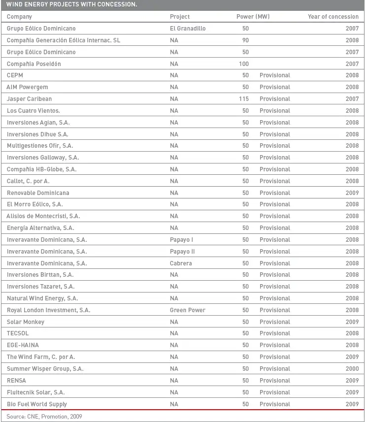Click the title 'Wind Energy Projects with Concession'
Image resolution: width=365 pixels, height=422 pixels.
(72, 5)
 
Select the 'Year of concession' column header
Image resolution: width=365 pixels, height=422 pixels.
(333, 17)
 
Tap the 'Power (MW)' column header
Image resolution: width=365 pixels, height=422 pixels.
(253, 17)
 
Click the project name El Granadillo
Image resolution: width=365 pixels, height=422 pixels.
(188, 29)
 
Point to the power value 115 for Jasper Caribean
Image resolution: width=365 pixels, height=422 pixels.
(243, 99)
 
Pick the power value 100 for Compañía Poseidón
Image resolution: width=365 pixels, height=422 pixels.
(243, 64)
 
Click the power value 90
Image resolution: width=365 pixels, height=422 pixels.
(245, 40)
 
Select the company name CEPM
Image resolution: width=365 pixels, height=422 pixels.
(15, 75)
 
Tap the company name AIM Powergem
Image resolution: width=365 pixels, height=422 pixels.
(27, 87)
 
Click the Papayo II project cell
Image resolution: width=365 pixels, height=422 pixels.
(182, 252)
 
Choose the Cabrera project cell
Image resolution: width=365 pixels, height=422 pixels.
(181, 263)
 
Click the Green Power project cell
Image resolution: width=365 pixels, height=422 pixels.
(188, 310)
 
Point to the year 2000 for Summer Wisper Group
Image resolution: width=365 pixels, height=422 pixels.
(352, 369)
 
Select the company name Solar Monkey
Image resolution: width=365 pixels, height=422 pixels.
(26, 322)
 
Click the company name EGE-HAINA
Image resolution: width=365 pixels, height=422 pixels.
(23, 345)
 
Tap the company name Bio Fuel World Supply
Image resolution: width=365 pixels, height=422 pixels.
(37, 404)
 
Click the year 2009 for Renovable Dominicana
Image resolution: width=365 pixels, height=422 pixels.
(352, 193)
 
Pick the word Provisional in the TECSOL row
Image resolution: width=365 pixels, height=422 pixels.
(275, 333)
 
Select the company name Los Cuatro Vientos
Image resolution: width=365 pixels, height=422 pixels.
(33, 111)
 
